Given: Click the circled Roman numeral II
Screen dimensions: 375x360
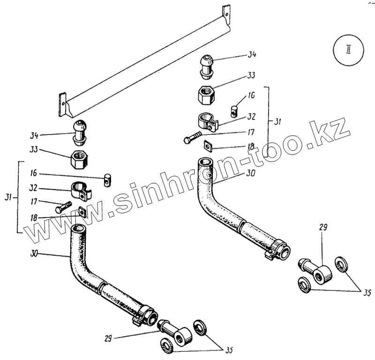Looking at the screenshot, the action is click(348, 51).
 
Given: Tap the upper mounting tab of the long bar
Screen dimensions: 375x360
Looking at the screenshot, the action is click(226, 13).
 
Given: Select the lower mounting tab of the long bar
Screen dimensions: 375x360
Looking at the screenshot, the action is click(61, 105).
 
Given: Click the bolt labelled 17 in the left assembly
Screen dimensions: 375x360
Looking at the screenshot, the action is click(63, 207).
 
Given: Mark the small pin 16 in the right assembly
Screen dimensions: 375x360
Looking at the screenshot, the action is click(235, 111).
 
